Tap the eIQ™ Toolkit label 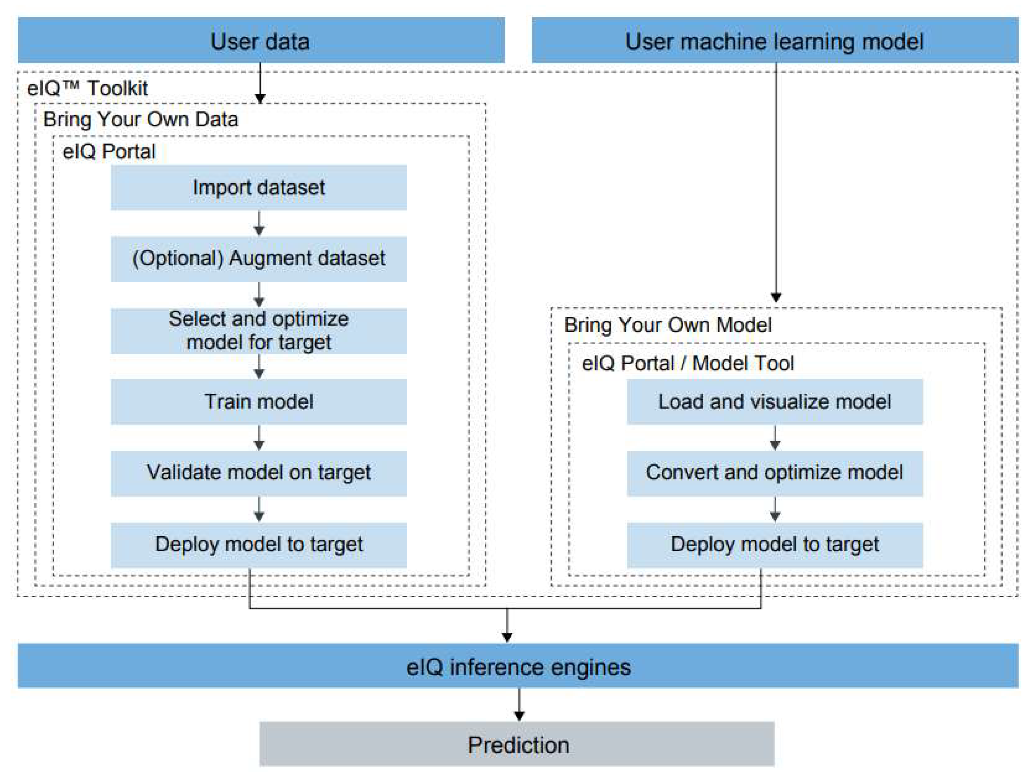pos(87,88)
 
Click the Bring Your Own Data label pos(141,119)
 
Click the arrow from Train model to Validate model pos(259,438)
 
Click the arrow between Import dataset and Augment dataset pos(259,223)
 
